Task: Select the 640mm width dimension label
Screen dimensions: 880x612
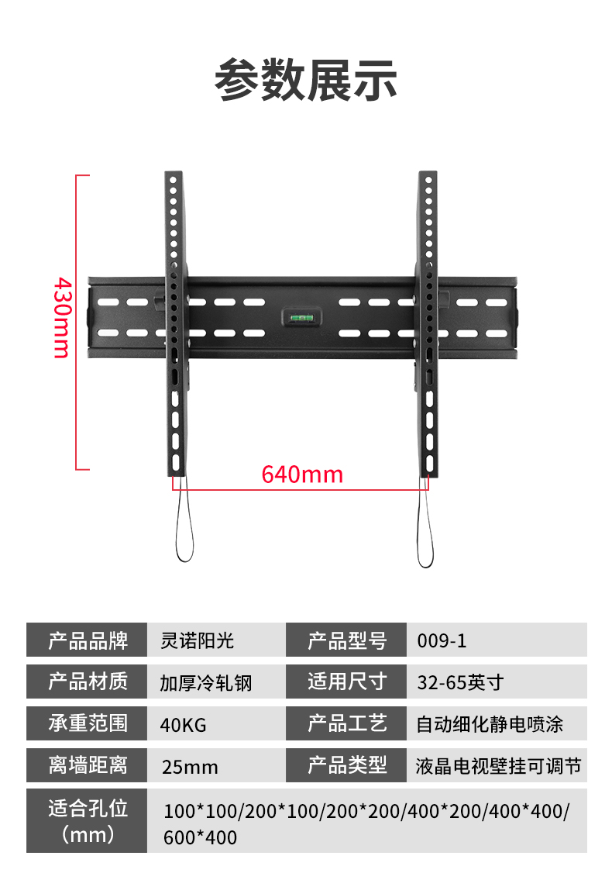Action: pyautogui.click(x=302, y=474)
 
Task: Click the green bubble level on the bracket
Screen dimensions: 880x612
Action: pyautogui.click(x=298, y=316)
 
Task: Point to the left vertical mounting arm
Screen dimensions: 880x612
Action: pyautogui.click(x=176, y=326)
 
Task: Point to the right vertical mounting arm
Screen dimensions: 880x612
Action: pyautogui.click(x=428, y=326)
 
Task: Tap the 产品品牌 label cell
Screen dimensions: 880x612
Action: pyautogui.click(x=87, y=640)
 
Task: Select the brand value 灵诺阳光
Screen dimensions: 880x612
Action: pyautogui.click(x=197, y=640)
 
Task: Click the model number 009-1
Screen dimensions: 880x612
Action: pyautogui.click(x=442, y=641)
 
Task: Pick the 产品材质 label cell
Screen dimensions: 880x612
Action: pyautogui.click(x=87, y=682)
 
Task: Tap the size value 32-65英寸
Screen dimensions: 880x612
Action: pyautogui.click(x=460, y=682)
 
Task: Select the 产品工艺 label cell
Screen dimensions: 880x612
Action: pyautogui.click(x=346, y=724)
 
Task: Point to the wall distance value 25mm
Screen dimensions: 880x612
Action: pyautogui.click(x=190, y=767)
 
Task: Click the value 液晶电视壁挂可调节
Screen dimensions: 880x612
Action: pyautogui.click(x=498, y=766)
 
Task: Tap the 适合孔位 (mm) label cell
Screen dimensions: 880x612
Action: pyautogui.click(x=87, y=821)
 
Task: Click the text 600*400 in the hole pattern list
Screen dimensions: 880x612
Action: pyautogui.click(x=201, y=837)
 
